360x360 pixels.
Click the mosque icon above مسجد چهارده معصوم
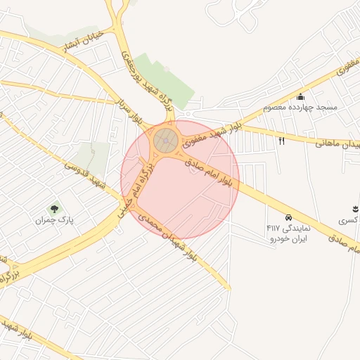click(x=301, y=97)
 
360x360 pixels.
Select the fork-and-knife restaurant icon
click(x=282, y=141)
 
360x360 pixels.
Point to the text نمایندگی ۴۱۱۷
click(x=283, y=228)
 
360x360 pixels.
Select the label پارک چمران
click(x=56, y=220)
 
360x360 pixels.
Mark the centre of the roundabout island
click(x=166, y=141)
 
